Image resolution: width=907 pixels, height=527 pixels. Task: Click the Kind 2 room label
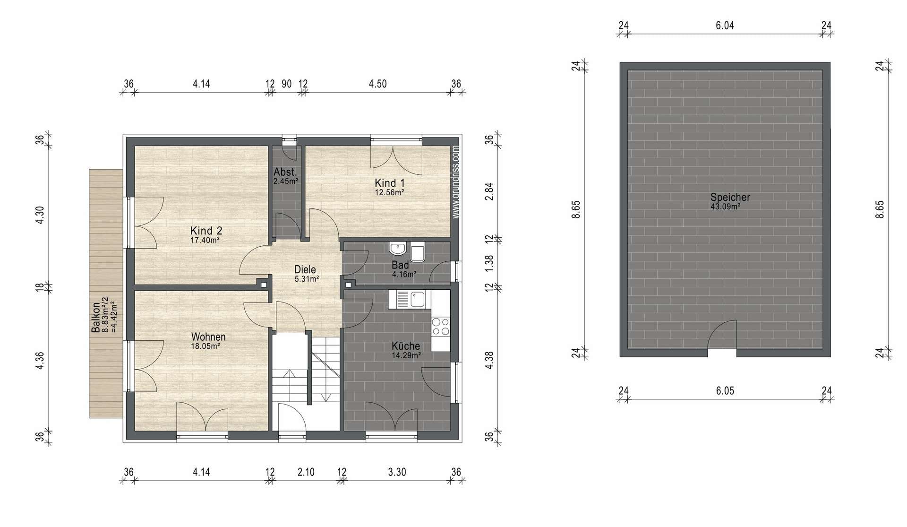[206, 231]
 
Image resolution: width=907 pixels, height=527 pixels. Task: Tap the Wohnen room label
[208, 337]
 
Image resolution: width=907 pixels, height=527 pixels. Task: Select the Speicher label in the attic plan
[730, 198]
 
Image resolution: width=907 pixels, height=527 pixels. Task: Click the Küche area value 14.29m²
[406, 355]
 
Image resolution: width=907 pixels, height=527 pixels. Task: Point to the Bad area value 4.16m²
[404, 274]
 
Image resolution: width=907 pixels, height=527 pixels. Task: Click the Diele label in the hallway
[305, 270]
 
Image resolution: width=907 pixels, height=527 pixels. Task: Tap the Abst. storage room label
[285, 172]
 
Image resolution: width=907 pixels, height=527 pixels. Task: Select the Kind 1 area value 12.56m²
[389, 192]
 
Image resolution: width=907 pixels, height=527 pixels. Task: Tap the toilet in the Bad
[418, 252]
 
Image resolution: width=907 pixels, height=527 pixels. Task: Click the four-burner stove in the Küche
[440, 326]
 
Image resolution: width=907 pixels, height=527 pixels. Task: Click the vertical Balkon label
[95, 317]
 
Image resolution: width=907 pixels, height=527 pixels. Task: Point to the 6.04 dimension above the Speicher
[725, 26]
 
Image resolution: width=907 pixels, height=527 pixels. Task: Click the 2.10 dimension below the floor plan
[306, 472]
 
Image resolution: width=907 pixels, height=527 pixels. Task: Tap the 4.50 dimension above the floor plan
[377, 84]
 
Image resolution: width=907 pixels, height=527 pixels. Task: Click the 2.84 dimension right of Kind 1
[489, 191]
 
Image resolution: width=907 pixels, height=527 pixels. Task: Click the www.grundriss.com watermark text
[455, 182]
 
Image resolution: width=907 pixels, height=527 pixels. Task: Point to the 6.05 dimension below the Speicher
[725, 391]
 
